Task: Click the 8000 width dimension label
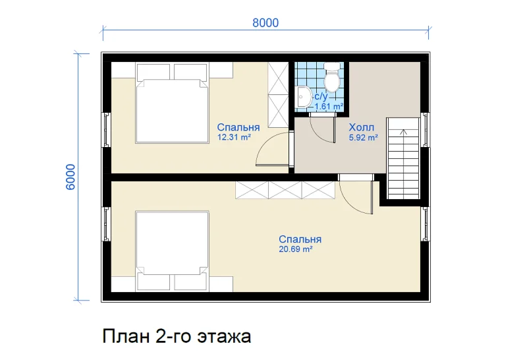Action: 265,23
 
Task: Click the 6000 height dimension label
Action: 70,177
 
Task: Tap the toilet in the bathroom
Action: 332,78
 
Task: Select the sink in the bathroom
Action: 304,97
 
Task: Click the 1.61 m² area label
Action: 329,106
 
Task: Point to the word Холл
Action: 361,127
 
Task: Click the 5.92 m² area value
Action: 364,137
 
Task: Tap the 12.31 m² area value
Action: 235,137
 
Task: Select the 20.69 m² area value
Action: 296,249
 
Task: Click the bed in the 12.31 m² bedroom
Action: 173,104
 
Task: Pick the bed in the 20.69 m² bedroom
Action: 173,251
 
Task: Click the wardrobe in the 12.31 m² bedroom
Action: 278,95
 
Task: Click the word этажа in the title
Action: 224,337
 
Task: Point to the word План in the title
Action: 126,336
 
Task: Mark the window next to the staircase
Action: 426,129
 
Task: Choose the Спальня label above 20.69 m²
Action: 300,239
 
